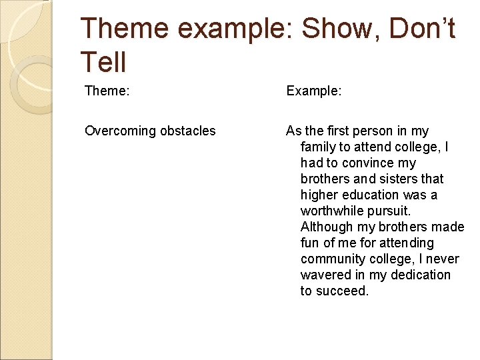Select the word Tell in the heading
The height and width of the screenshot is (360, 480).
click(103, 62)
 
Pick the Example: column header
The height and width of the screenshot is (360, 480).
click(314, 91)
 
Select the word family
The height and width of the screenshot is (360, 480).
click(319, 147)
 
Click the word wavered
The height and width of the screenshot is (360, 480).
click(326, 275)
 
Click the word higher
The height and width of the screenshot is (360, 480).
click(319, 195)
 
